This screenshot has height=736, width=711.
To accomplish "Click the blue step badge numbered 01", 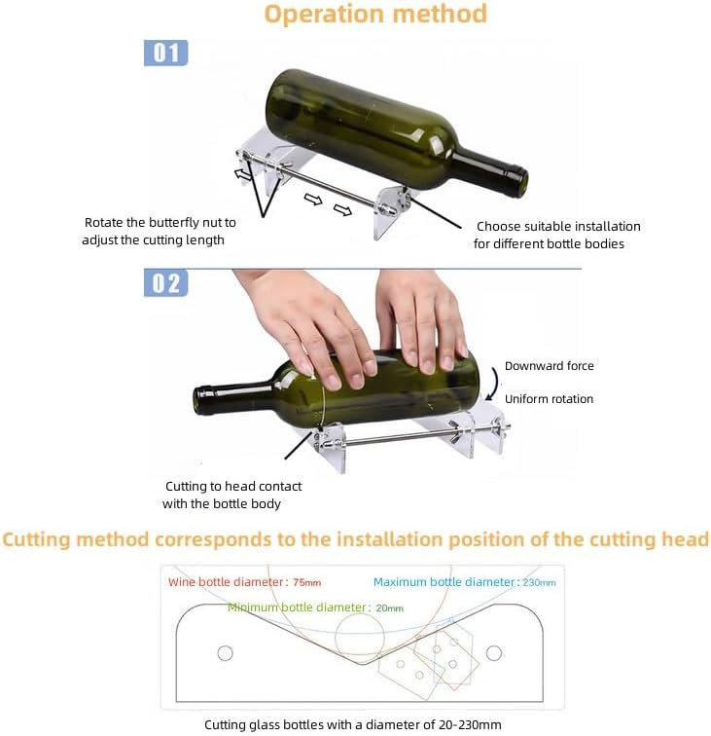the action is coord(165,53).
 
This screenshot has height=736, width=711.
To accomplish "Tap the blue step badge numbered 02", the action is coord(165,283).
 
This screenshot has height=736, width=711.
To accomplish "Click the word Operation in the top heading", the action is coord(323,14).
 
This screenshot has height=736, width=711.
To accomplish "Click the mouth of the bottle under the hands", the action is coord(198,402).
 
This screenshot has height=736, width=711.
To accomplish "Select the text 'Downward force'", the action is coord(550,366).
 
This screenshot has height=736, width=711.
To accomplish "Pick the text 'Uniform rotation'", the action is coord(549,399).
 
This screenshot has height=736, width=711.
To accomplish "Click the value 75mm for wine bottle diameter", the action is coord(306,582).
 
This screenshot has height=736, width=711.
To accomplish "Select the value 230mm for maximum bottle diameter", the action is coord(539,582).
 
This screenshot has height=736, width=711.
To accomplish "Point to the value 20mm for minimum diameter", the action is coord(389,608).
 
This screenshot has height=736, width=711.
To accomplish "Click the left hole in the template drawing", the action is coord(225,653).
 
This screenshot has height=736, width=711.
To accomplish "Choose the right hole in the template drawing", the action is coord(493,653).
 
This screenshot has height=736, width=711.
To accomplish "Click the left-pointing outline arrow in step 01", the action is coord(242,175).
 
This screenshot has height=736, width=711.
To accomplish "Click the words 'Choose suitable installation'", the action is coord(558,226).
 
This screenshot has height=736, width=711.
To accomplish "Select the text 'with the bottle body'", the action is coord(222,503).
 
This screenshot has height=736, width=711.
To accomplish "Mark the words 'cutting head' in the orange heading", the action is coord(649,539).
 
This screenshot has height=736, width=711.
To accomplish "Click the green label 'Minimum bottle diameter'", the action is coord(297,607).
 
